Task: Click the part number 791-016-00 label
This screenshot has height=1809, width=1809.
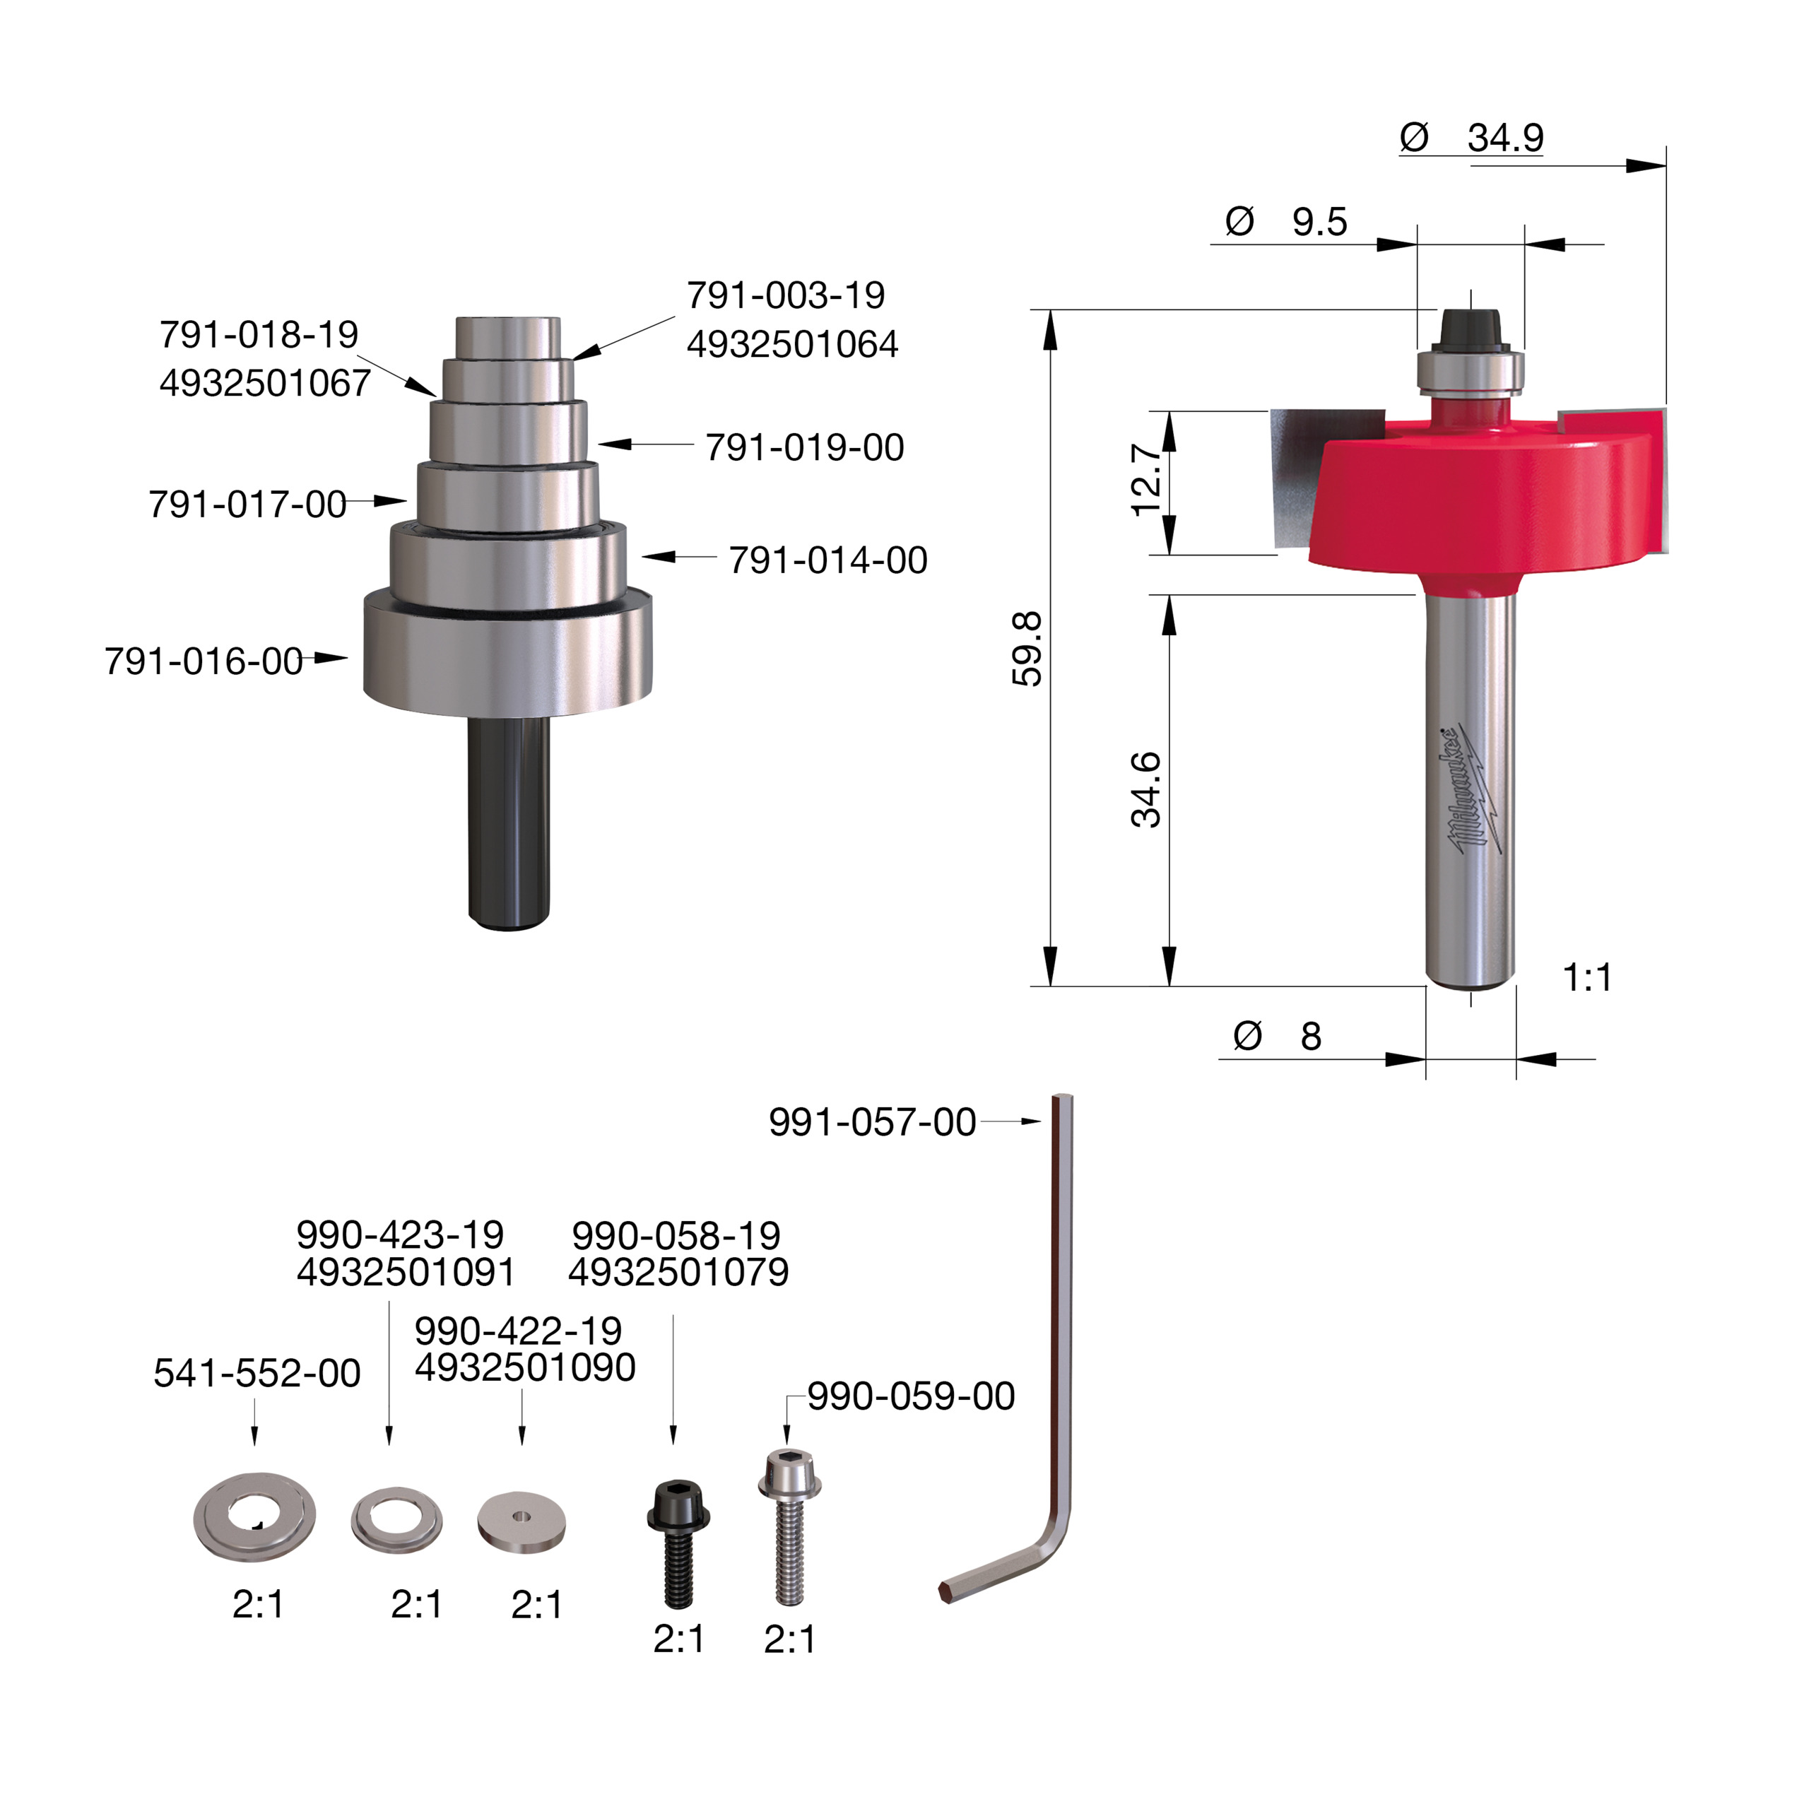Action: pos(204,661)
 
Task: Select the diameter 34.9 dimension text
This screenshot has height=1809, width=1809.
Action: pos(1473,138)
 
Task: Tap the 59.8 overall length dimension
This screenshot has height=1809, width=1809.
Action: pos(1027,648)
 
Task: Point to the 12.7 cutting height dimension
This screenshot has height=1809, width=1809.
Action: pos(1147,479)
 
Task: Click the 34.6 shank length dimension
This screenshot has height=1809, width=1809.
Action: pos(1146,789)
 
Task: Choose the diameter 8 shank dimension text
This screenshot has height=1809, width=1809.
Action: pos(1279,1037)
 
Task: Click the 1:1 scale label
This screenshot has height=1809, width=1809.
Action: pos(1587,977)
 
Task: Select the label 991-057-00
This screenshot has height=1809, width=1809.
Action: pos(872,1121)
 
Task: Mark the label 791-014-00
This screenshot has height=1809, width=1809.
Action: pos(827,560)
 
